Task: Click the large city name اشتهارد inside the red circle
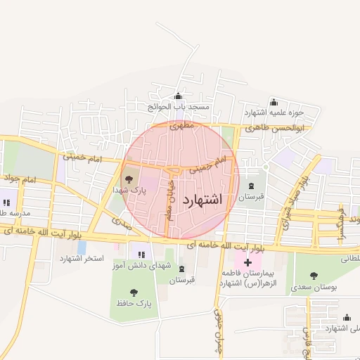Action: coord(202,200)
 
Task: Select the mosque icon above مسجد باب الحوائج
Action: coord(178,96)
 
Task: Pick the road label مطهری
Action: coord(181,127)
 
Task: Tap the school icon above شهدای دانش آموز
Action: coord(141,255)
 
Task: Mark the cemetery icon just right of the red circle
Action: coord(252,186)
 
